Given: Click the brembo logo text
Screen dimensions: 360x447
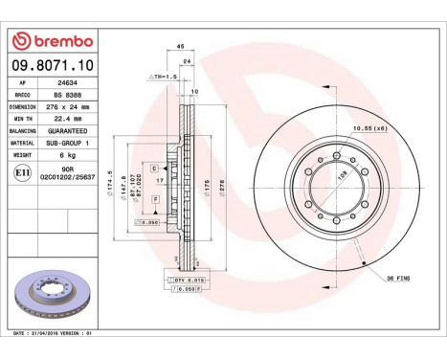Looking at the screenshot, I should point(56,40).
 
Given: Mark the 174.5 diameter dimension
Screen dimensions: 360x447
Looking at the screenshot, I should point(112,182).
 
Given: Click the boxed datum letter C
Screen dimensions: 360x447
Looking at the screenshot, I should point(154,168).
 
